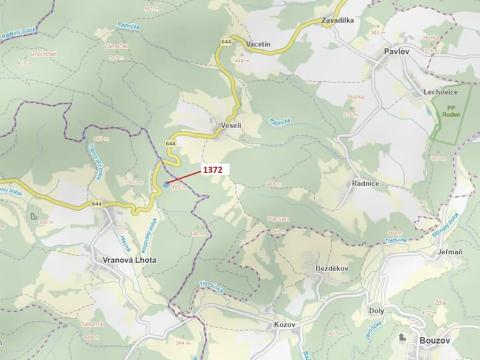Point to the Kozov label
(285, 325)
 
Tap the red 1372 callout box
(213, 170)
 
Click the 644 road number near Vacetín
(226, 42)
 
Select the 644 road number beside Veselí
(171, 144)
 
